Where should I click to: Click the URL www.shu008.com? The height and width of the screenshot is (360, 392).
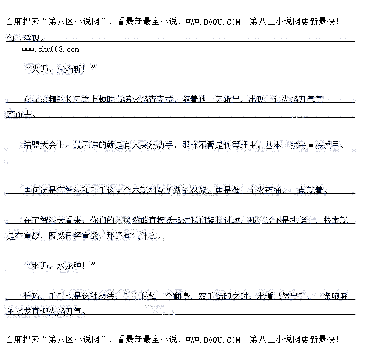[51, 49]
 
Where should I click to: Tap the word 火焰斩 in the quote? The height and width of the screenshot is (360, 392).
[73, 68]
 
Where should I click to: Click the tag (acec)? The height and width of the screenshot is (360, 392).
[35, 99]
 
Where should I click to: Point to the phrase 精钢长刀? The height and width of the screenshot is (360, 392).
[65, 99]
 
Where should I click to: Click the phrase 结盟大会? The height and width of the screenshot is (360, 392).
[40, 145]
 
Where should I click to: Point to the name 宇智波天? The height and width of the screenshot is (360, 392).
[52, 220]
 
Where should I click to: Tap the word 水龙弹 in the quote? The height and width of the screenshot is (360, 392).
[73, 265]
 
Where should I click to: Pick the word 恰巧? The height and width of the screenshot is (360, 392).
[31, 296]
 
